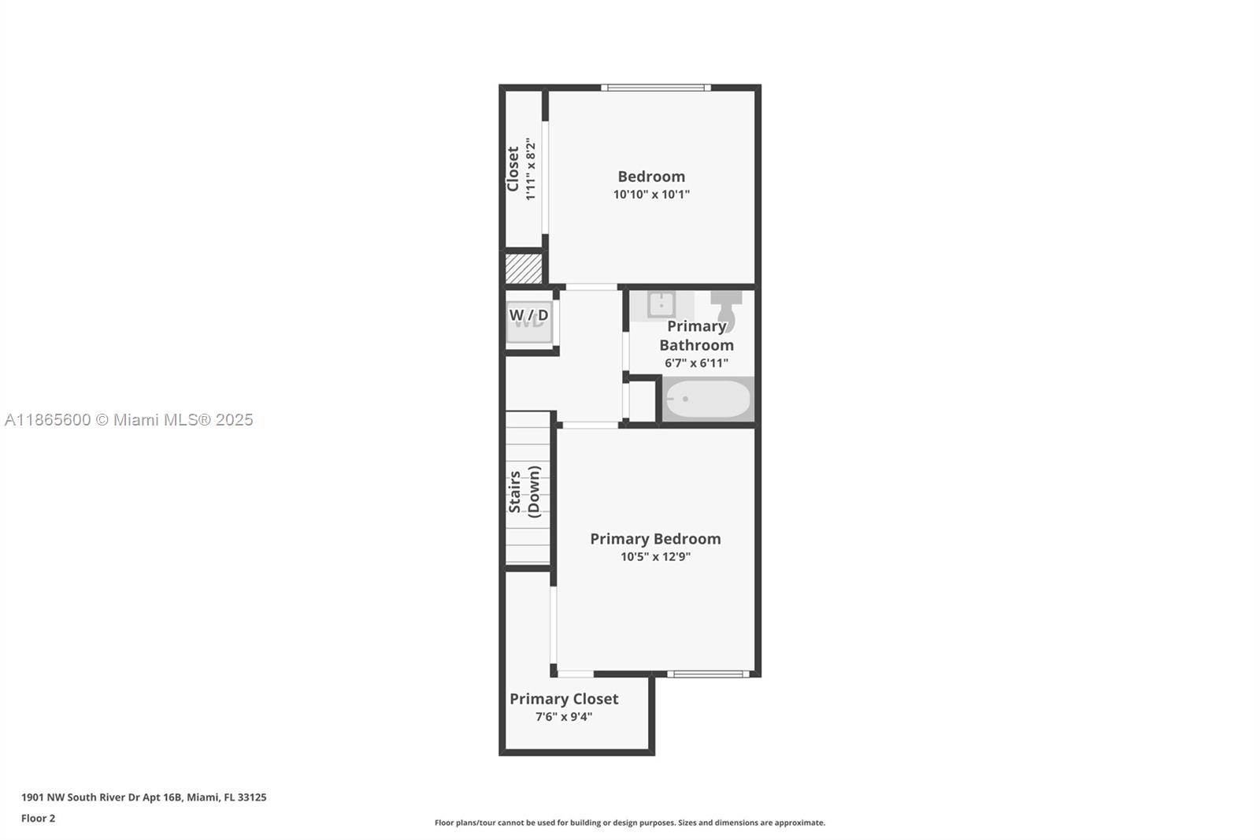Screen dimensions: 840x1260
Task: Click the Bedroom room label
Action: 651,177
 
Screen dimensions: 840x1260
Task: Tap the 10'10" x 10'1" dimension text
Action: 651,195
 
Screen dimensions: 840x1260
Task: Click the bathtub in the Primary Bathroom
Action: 708,399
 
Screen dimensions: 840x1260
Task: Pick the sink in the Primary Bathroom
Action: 661,303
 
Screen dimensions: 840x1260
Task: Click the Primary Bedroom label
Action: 655,539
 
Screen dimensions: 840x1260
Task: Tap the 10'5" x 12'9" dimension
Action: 655,557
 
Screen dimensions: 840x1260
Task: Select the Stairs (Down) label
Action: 524,492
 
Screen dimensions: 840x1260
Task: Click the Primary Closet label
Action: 564,699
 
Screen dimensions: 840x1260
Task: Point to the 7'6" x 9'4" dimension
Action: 564,717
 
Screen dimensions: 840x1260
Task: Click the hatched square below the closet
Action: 524,268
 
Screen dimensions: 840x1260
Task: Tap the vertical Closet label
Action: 513,169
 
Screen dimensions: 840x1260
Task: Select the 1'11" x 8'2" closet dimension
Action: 532,169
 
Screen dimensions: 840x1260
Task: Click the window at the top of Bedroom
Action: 656,87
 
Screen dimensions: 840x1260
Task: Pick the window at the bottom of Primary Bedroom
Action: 707,674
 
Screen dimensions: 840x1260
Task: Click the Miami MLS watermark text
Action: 129,420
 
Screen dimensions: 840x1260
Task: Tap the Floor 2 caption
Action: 38,819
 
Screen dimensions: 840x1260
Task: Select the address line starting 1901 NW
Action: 143,797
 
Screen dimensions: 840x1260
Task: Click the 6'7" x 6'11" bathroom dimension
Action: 696,363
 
